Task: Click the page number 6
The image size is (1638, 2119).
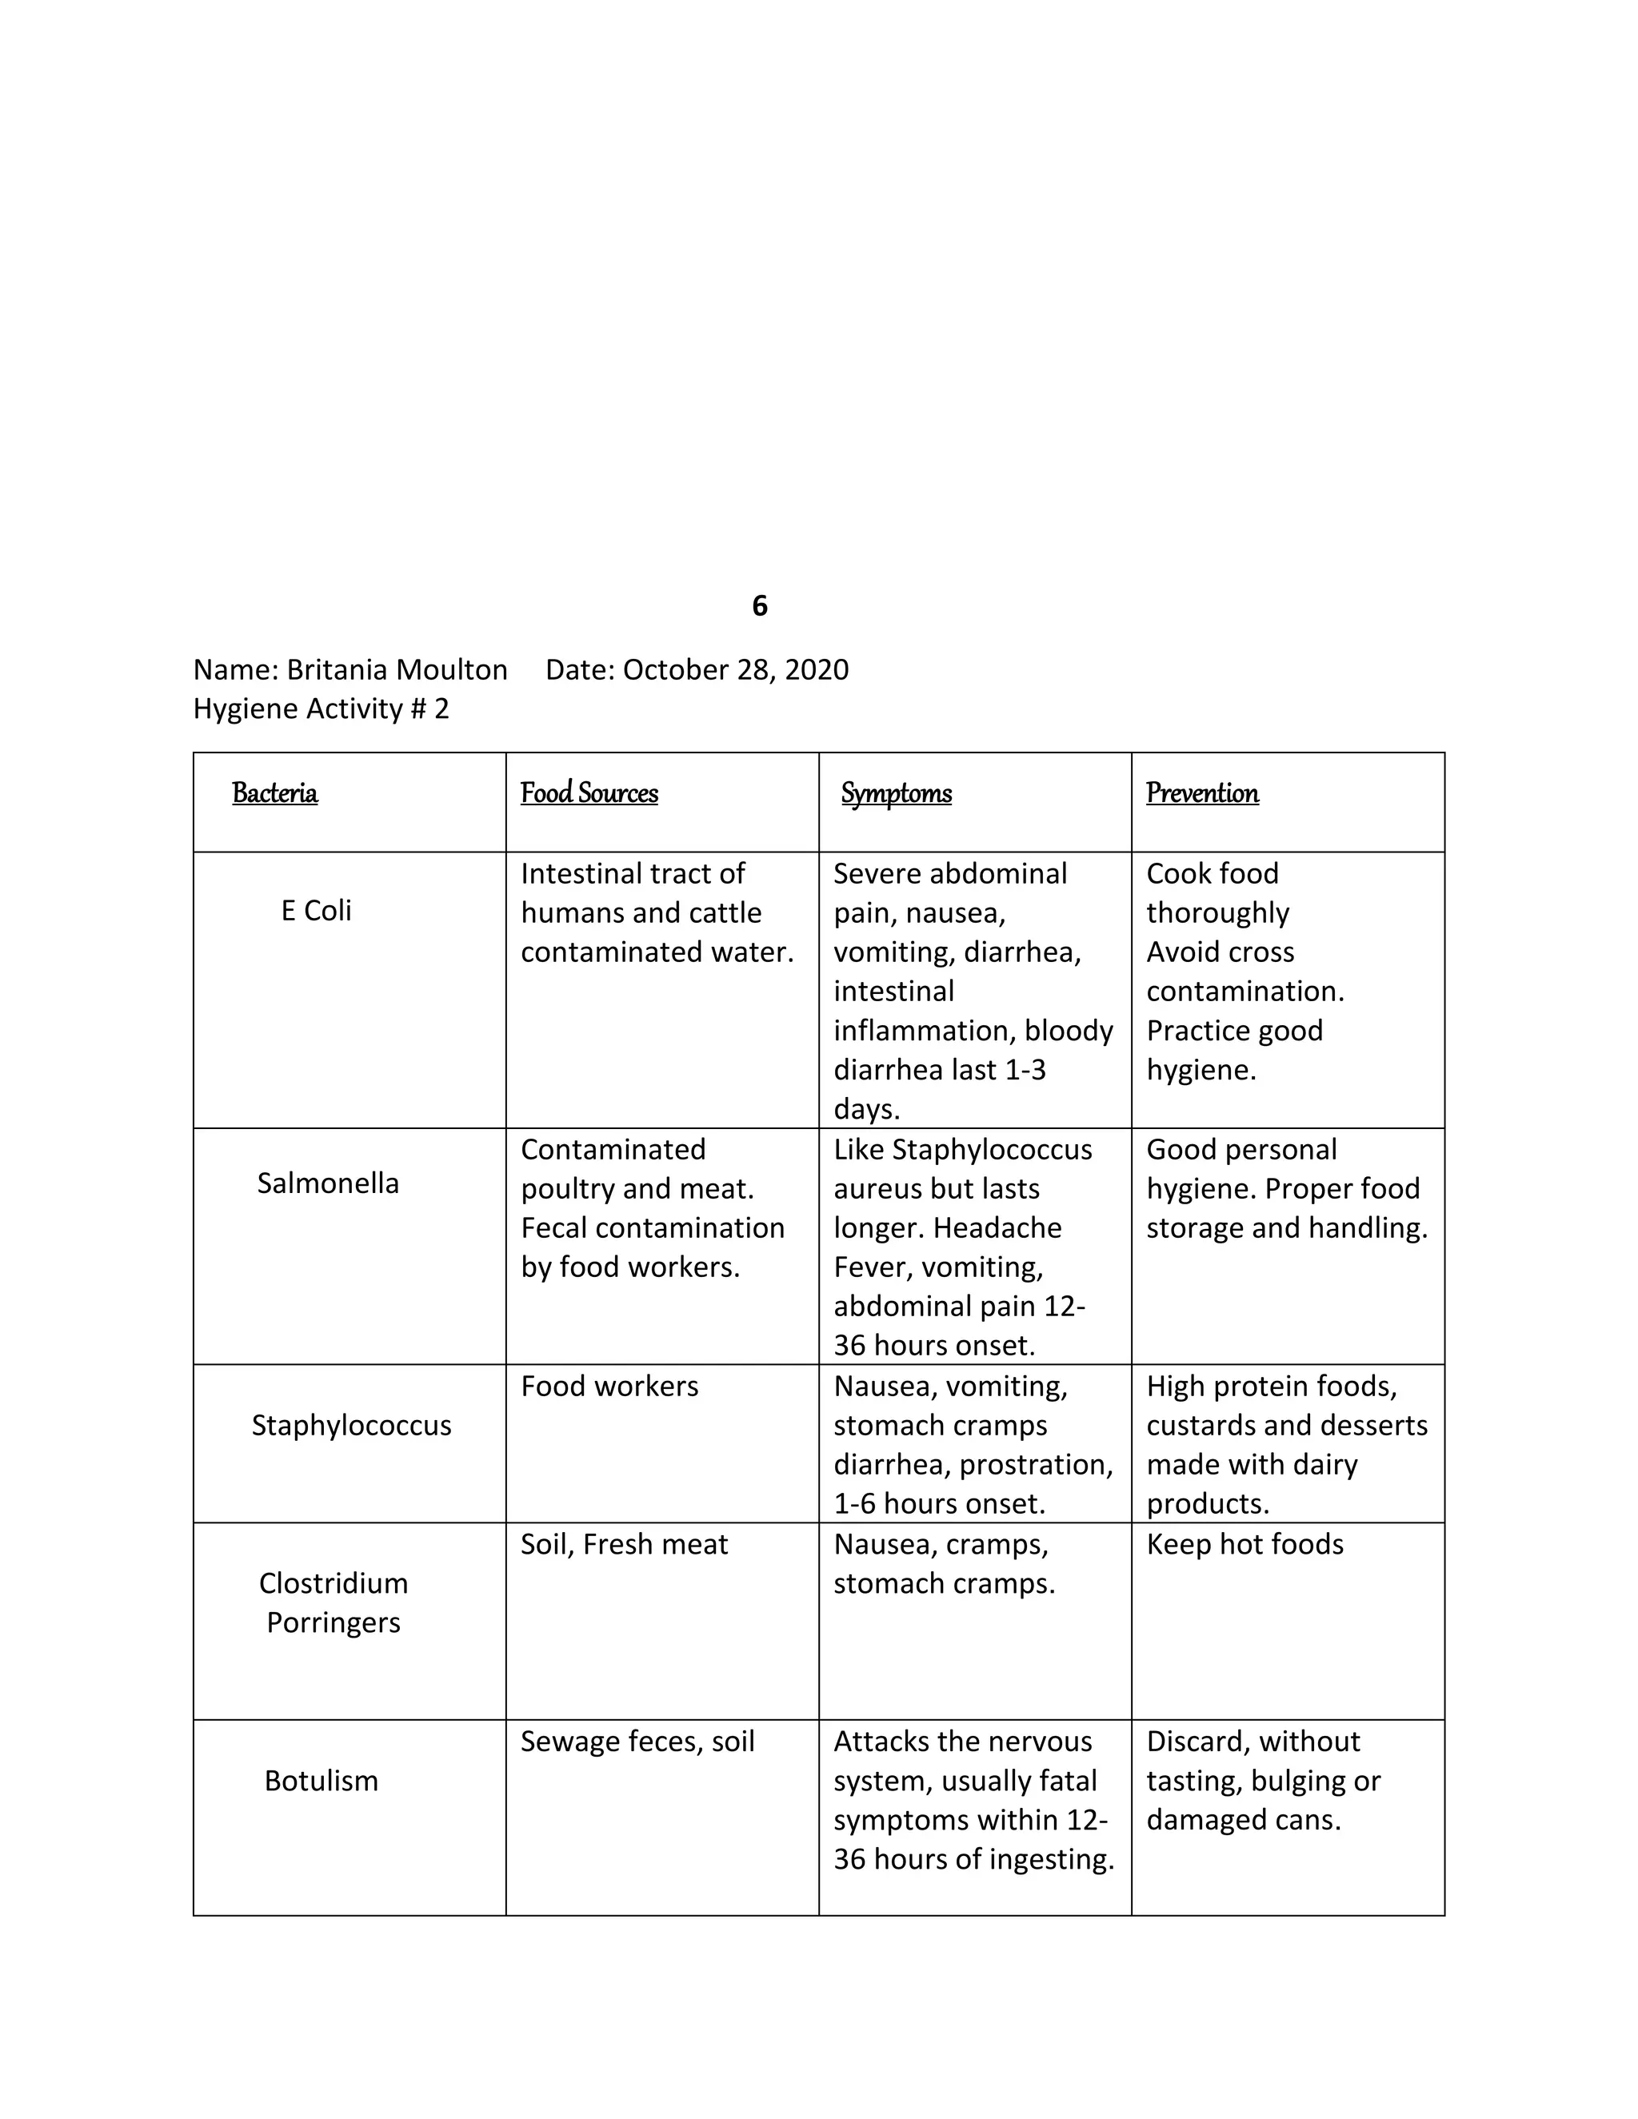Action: (760, 606)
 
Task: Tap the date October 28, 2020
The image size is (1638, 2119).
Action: (736, 669)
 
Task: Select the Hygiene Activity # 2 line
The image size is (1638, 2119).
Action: (322, 708)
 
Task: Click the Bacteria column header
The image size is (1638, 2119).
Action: (274, 794)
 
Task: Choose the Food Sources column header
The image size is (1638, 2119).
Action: (589, 794)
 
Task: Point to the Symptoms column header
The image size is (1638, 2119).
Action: (897, 794)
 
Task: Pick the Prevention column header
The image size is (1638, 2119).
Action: (1202, 794)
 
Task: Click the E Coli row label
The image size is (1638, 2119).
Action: (317, 910)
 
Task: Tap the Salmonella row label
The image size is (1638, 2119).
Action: (328, 1183)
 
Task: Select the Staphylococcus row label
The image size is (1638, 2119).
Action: (351, 1424)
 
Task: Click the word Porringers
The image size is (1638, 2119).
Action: (333, 1622)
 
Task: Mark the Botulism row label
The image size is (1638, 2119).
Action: (322, 1781)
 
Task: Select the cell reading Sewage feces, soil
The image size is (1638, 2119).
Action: (637, 1741)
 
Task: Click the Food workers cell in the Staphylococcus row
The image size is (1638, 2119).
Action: (609, 1386)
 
